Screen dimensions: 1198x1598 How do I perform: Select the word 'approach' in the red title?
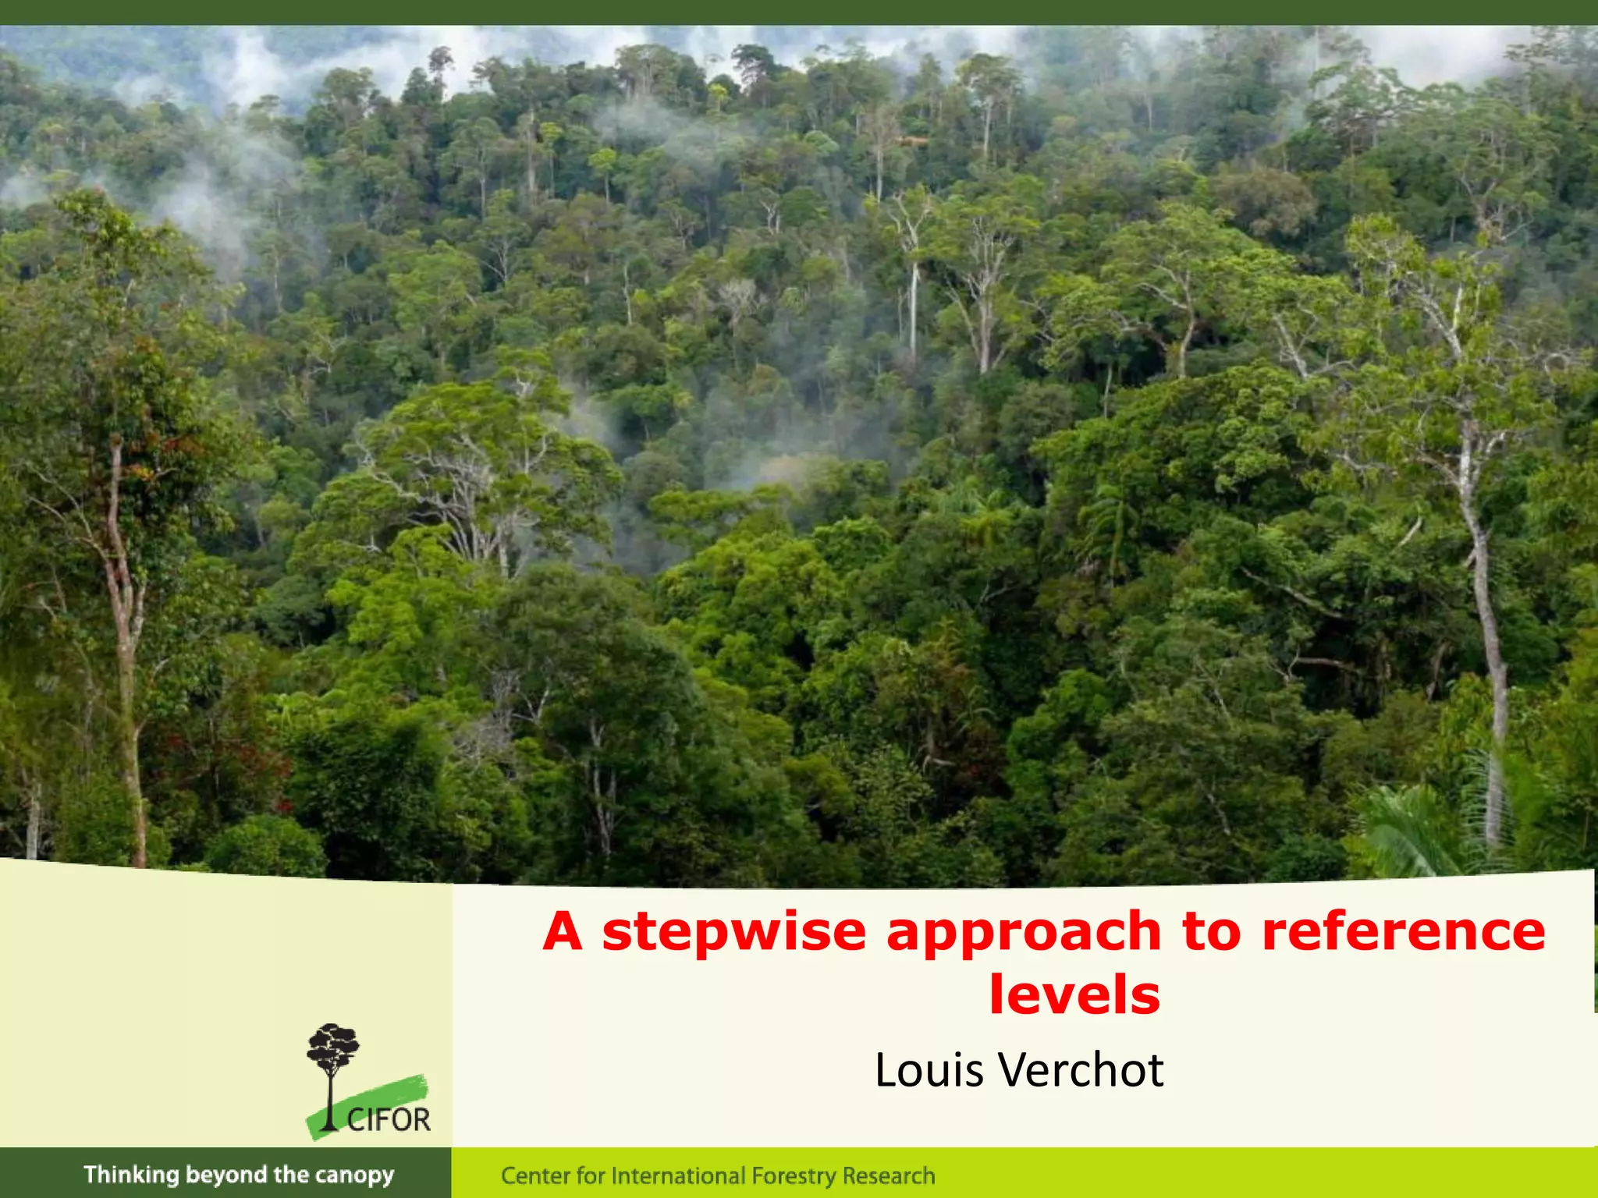1024,933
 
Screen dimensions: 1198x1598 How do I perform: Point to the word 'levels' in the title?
1074,994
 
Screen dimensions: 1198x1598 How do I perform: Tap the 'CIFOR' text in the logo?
389,1120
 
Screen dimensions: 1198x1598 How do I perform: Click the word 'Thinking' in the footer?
131,1175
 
